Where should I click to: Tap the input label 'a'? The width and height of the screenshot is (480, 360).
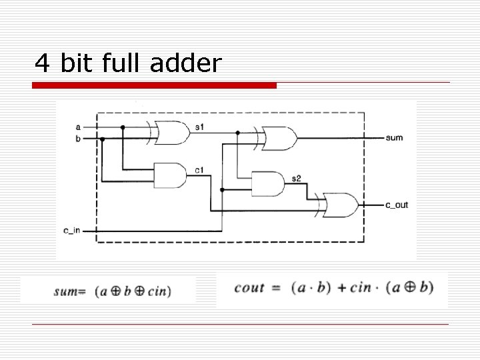coord(79,126)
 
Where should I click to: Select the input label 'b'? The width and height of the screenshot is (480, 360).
coord(79,139)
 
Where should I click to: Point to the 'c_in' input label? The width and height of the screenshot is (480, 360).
coord(72,230)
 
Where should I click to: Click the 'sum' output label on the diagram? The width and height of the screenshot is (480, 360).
coord(394,137)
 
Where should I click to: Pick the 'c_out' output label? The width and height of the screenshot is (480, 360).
coord(397,205)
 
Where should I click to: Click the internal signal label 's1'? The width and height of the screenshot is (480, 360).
coord(200,127)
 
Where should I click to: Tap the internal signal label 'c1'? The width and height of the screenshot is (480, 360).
coord(199,171)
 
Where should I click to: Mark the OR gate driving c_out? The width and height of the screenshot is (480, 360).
coord(339,205)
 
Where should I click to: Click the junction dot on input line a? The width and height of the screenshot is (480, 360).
coord(123,126)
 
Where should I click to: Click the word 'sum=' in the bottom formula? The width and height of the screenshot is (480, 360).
coord(71,291)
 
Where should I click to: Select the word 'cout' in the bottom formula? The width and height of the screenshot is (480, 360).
coord(251,287)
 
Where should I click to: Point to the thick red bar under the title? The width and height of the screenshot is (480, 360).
coord(154,85)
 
